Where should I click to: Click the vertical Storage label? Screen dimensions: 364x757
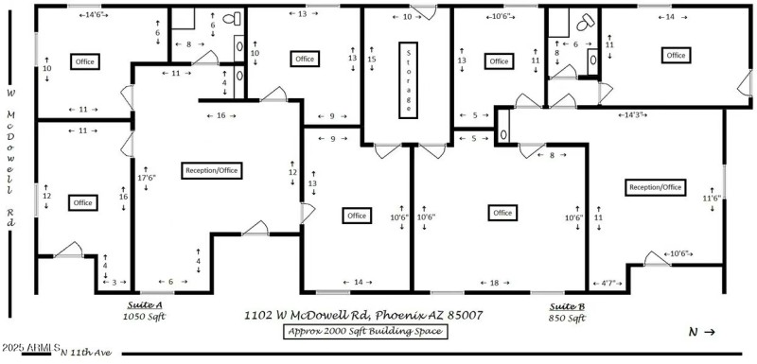(x=408, y=79)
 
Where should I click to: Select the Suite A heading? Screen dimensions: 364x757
(x=144, y=306)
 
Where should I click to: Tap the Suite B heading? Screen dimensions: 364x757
(x=567, y=306)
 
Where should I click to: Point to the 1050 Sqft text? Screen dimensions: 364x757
(x=144, y=318)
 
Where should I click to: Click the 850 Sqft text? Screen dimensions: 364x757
(x=567, y=318)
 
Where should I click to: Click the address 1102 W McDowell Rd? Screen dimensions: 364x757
(x=363, y=312)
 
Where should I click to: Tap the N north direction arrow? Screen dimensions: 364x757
(x=701, y=332)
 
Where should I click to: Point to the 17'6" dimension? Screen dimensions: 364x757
(x=146, y=177)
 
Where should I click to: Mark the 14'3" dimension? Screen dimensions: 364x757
(x=633, y=114)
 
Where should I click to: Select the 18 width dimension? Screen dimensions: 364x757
(x=493, y=282)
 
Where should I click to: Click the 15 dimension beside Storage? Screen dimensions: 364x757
(x=372, y=60)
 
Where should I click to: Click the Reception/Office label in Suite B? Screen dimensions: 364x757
(x=655, y=187)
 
